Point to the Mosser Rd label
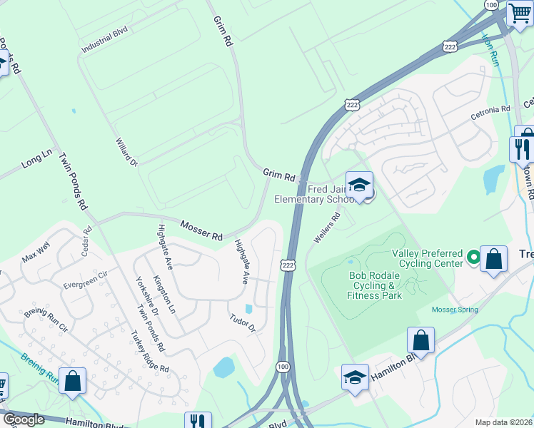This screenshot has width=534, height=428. point(201,230)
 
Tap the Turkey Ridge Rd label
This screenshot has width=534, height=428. point(150,352)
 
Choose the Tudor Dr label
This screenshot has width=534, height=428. point(242,322)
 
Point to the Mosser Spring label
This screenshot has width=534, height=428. point(455,310)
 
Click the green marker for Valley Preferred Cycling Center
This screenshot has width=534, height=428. point(472,255)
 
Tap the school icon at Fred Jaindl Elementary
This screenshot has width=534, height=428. point(360,185)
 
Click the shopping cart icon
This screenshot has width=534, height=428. point(519,13)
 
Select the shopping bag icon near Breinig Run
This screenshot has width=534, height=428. point(73,381)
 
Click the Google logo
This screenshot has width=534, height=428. point(24,419)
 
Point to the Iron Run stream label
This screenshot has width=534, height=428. point(490,50)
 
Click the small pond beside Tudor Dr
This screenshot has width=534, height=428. point(248,309)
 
